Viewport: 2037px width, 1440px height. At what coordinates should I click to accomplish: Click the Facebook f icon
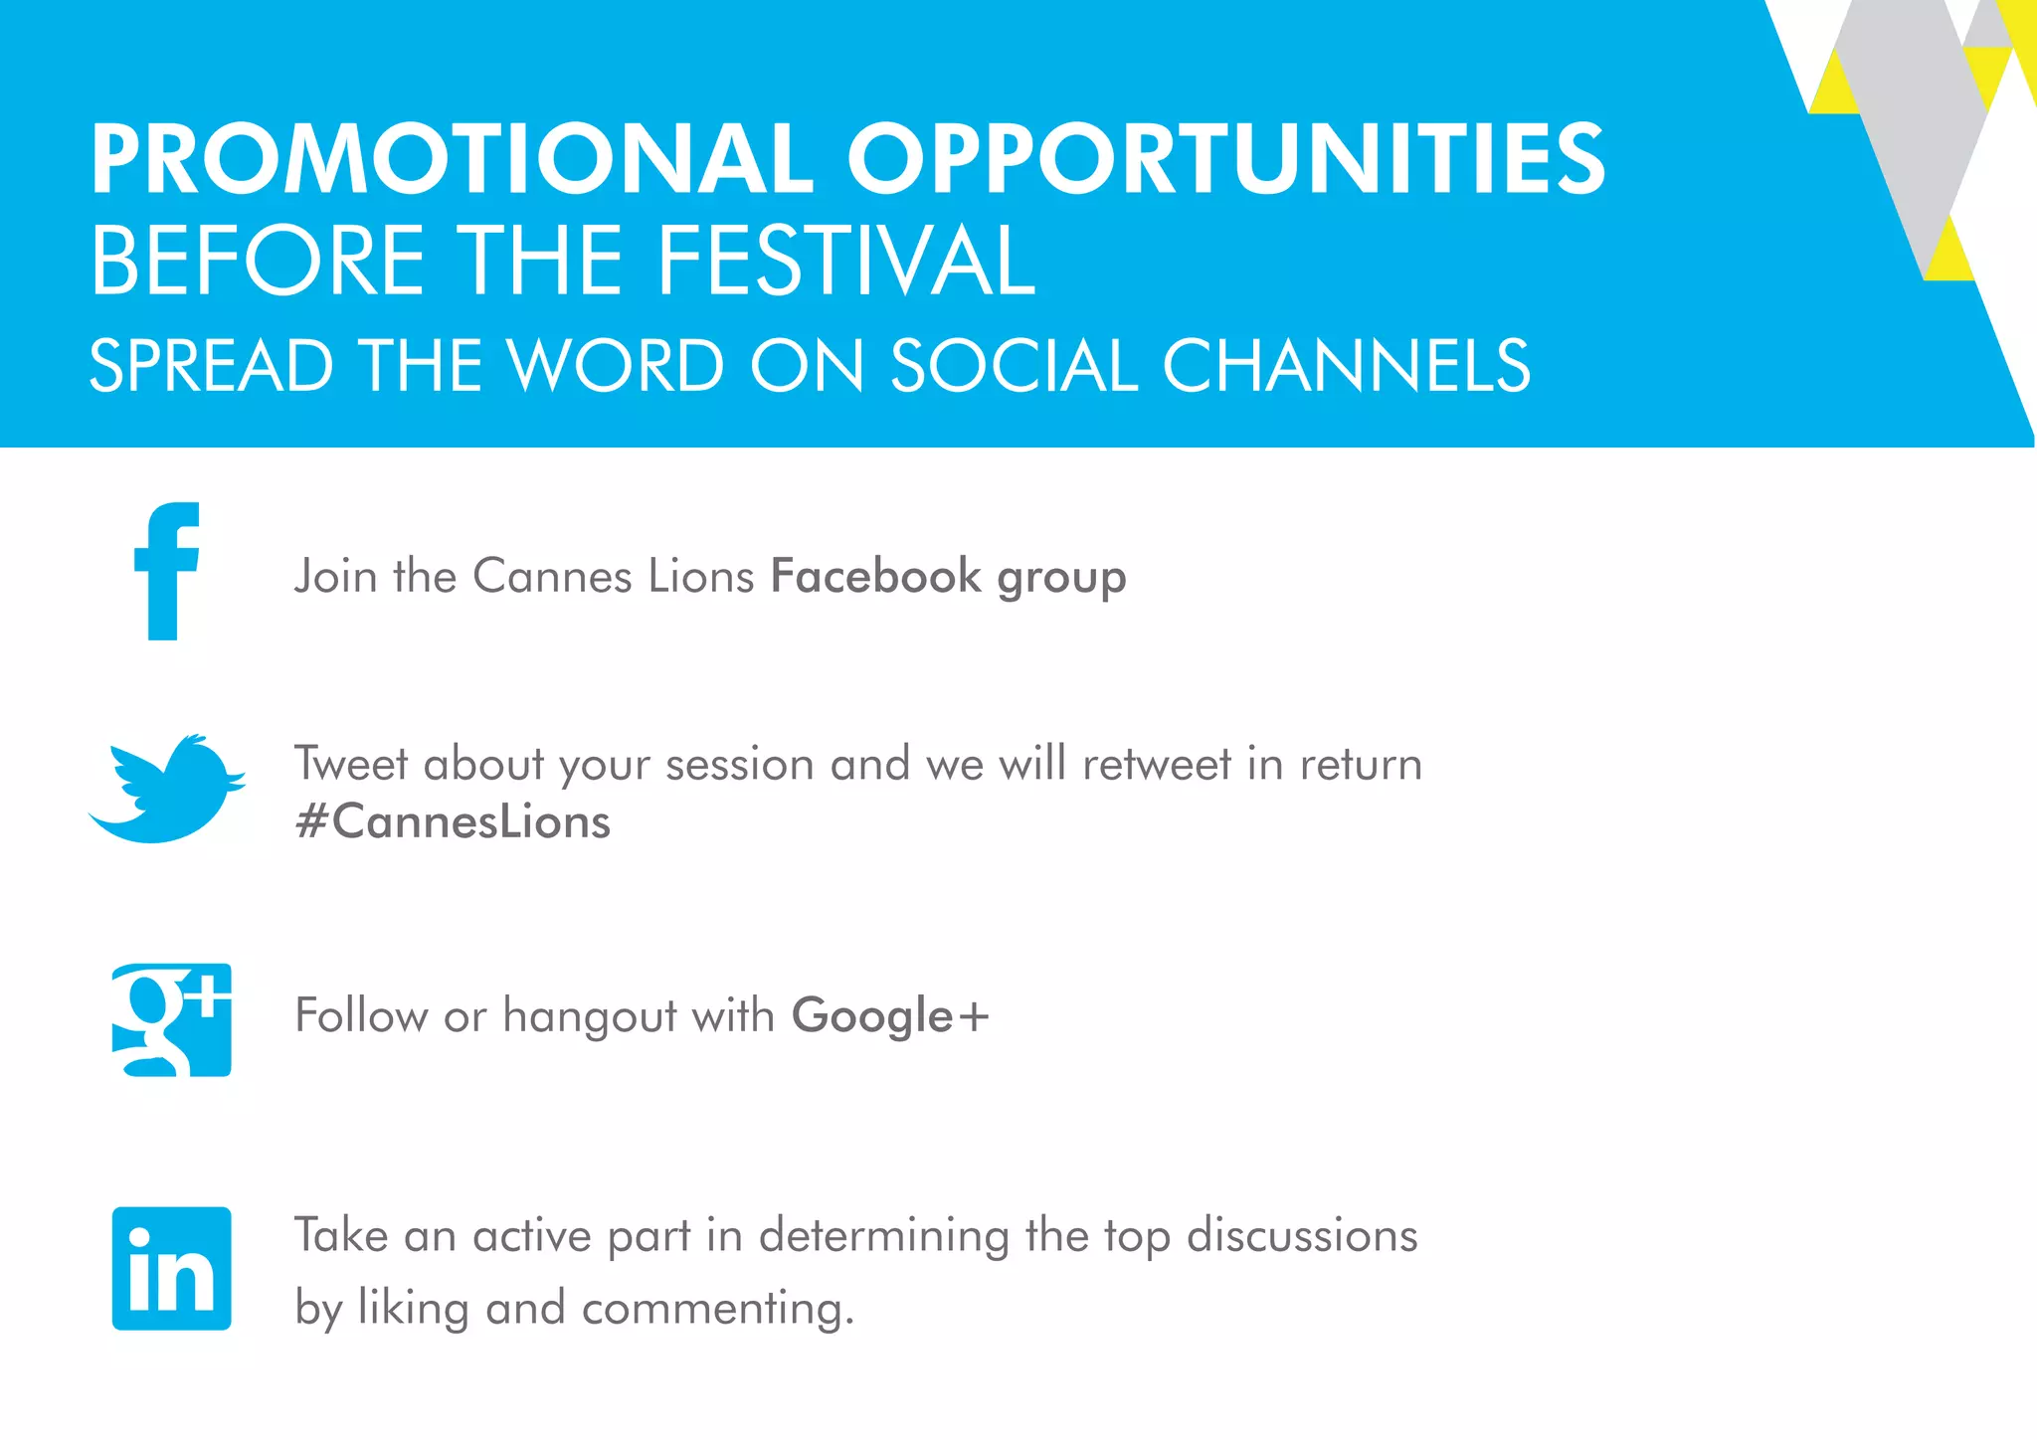pos(166,572)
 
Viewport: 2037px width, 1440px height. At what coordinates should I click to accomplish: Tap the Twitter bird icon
pos(167,791)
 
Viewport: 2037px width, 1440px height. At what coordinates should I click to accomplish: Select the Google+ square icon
pos(172,1019)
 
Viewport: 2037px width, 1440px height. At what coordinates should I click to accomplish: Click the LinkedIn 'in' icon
pos(172,1269)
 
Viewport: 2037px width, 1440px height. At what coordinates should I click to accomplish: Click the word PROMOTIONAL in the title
pos(453,159)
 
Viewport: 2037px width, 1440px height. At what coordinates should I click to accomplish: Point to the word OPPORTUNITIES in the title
pos(1225,159)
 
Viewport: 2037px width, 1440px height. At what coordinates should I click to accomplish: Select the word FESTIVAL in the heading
pos(846,261)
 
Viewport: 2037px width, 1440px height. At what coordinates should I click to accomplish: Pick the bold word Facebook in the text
pos(875,576)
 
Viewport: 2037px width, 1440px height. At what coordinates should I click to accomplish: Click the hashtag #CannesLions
pos(454,822)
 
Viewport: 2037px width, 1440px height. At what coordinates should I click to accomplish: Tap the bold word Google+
pos(890,1016)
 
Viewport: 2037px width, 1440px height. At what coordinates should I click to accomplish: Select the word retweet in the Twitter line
pos(1157,765)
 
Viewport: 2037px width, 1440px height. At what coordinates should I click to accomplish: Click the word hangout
pos(590,1016)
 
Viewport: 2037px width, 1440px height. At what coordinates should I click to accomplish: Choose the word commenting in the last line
pos(717,1308)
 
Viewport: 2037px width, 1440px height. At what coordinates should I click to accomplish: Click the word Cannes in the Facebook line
pos(552,576)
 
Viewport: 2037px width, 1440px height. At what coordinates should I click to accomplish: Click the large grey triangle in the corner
pos(1915,119)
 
